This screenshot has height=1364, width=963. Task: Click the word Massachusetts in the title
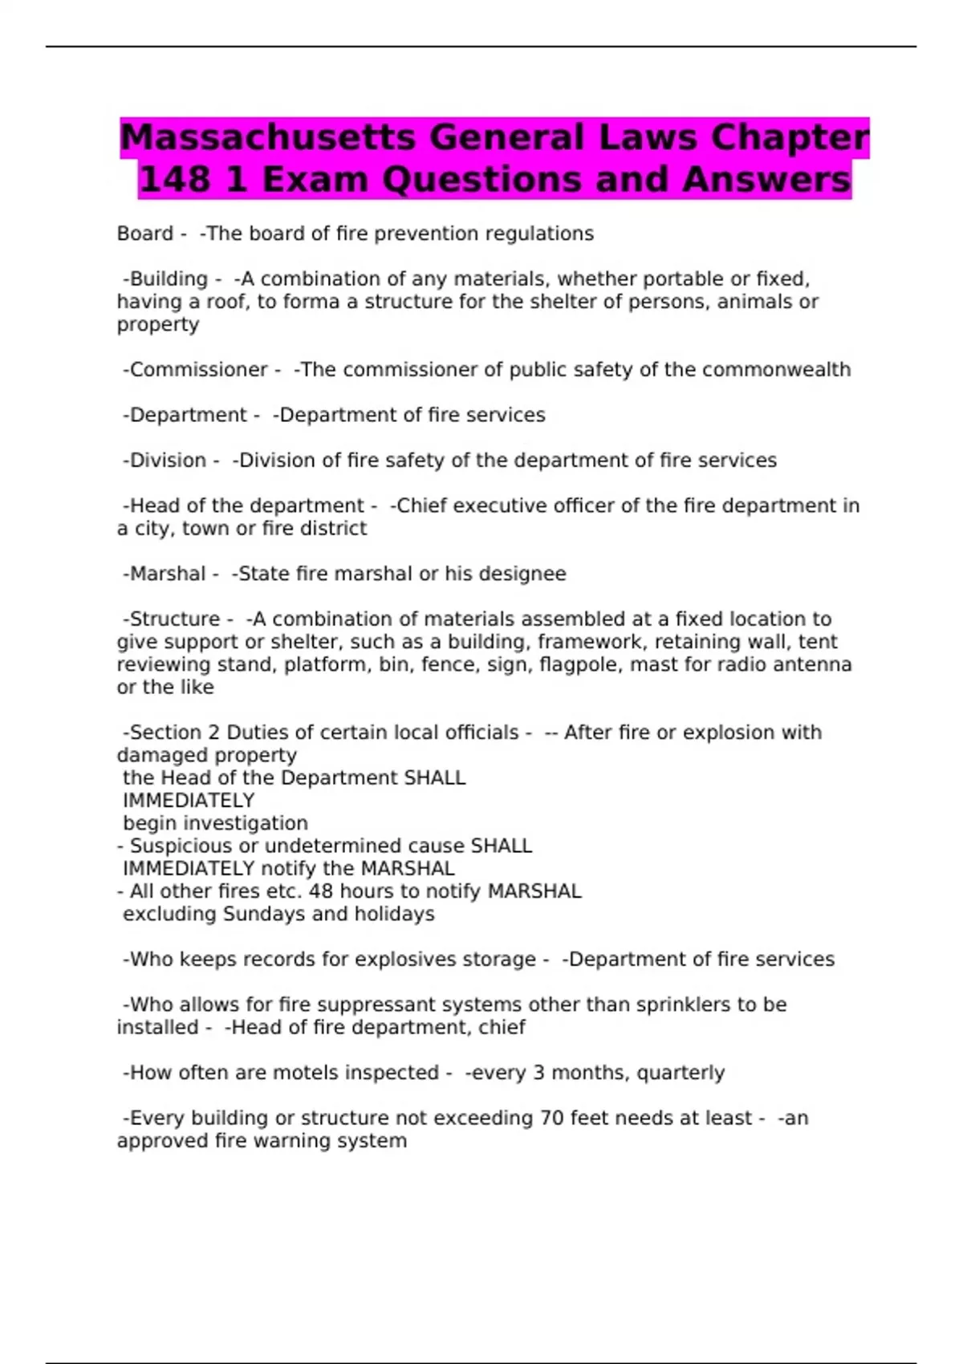click(x=268, y=137)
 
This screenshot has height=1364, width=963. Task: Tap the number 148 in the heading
click(x=175, y=180)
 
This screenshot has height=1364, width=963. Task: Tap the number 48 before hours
click(x=321, y=891)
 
